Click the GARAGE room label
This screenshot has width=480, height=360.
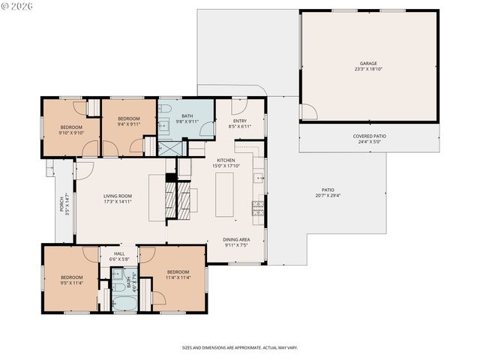[x=367, y=66]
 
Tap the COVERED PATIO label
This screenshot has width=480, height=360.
[x=369, y=138]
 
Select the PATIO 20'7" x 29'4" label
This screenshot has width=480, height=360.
[x=328, y=193]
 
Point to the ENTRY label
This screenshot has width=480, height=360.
[x=239, y=123]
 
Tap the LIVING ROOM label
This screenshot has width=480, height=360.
[x=118, y=199]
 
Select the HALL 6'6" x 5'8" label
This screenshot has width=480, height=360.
[x=119, y=256]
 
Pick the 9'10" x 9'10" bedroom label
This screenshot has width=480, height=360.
[x=71, y=130]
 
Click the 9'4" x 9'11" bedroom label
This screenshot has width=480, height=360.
[x=128, y=121]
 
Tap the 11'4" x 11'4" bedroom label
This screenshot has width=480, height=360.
[x=178, y=274]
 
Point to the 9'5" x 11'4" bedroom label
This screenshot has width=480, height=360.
[x=71, y=279]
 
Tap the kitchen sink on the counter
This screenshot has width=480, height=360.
[x=259, y=178]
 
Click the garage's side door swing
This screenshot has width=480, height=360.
[x=307, y=112]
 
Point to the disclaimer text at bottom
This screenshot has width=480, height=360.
[x=240, y=348]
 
